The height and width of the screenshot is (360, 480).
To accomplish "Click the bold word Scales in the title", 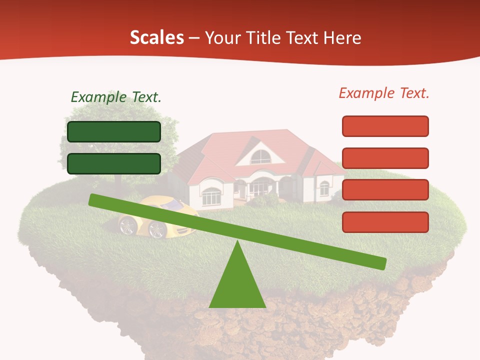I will tap(157, 37).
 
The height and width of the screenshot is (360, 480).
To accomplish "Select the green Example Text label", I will tap(116, 97).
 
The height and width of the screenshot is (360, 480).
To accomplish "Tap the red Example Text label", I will tap(384, 93).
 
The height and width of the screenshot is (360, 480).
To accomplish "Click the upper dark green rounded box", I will tap(114, 131).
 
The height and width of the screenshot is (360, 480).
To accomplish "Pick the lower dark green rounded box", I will tap(114, 163).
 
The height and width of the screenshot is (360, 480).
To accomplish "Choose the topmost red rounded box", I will tap(385, 126).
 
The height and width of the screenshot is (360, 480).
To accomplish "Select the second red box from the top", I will tap(385, 158).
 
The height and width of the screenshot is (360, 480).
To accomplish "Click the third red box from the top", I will tap(385, 189).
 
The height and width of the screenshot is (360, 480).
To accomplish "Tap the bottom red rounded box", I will tap(385, 222).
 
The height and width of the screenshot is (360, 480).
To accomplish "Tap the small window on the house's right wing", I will tap(324, 188).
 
